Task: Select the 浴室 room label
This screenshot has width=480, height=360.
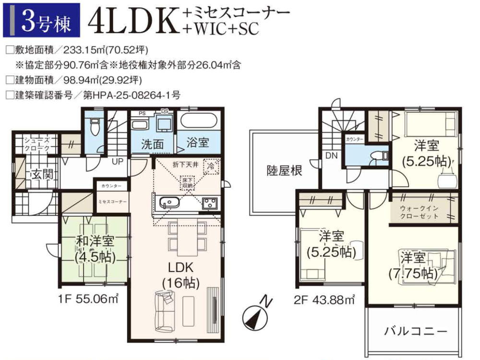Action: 198,143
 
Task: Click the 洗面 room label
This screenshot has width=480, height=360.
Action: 153,144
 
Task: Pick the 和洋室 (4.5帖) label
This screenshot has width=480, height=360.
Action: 95,250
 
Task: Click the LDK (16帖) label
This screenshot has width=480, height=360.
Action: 180,275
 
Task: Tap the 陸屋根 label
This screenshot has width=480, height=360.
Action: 285,170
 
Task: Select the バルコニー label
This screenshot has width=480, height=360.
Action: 416,331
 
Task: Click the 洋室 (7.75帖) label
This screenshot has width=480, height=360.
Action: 413,265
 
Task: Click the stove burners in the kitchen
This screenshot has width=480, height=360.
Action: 210,203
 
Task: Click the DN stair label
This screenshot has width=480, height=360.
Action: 331,156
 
